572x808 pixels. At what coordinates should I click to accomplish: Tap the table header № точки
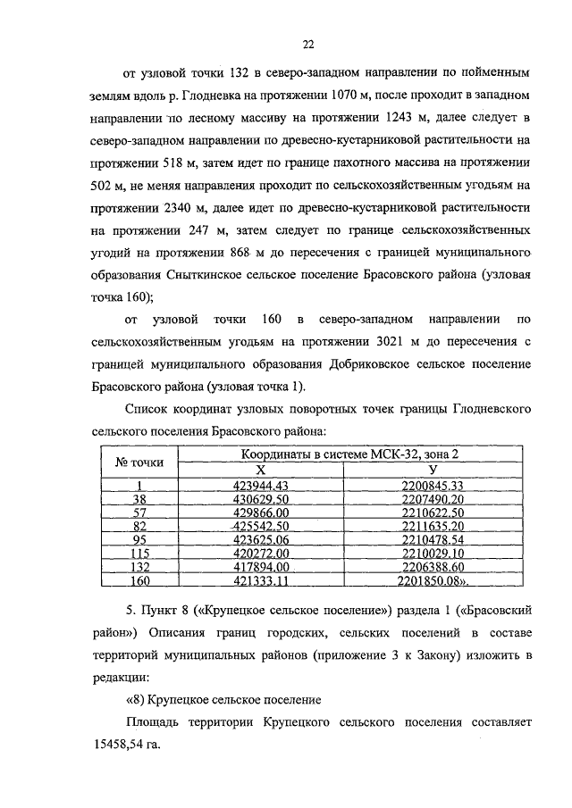pos(139,462)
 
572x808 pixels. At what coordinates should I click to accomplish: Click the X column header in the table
pos(262,470)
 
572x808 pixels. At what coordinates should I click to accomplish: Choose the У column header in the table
pos(433,470)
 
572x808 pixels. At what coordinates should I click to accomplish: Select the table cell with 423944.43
pos(262,485)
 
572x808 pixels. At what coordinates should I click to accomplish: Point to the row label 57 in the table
pos(139,512)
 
